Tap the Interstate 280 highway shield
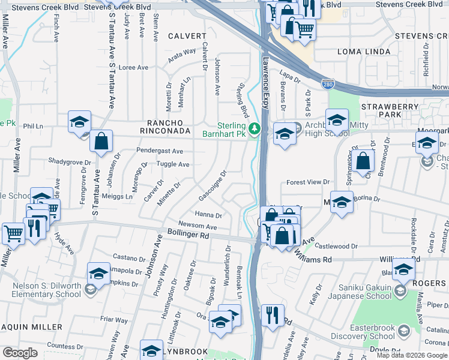[327, 85]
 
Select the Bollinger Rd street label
[188, 236]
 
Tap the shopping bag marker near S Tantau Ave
[101, 142]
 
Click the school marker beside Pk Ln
[79, 123]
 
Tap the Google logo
[20, 353]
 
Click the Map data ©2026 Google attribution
[411, 355]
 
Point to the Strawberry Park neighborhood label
[390, 110]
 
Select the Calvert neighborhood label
[182, 36]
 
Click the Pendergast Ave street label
[160, 151]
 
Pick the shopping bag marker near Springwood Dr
[364, 161]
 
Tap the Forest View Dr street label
[309, 182]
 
